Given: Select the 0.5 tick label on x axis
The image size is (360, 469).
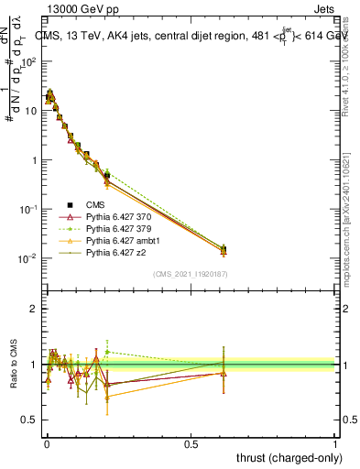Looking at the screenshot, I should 191,443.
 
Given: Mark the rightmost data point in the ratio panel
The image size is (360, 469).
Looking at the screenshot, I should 223,373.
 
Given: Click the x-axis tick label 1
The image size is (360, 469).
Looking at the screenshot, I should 335,443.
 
